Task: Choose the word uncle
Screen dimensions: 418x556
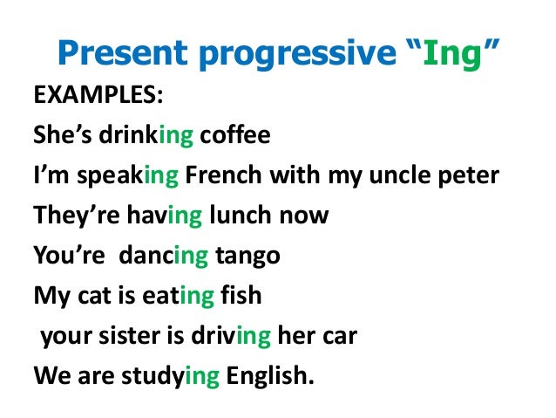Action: tap(406, 175)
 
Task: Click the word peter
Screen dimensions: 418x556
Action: tap(471, 175)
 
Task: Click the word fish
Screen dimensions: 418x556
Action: tap(241, 295)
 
